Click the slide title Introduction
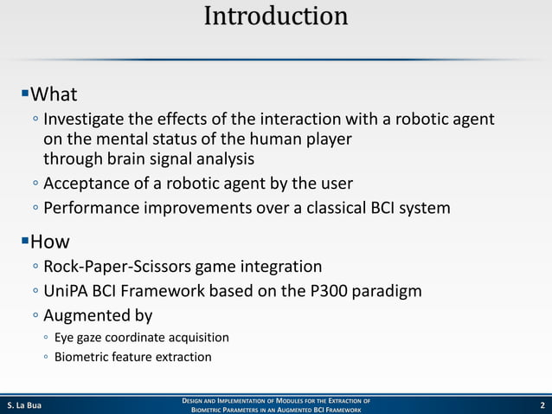[x=276, y=16]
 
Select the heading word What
[x=54, y=94]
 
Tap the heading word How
[x=50, y=241]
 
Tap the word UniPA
[x=67, y=291]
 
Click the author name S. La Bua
[x=24, y=404]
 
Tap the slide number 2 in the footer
[x=541, y=404]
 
